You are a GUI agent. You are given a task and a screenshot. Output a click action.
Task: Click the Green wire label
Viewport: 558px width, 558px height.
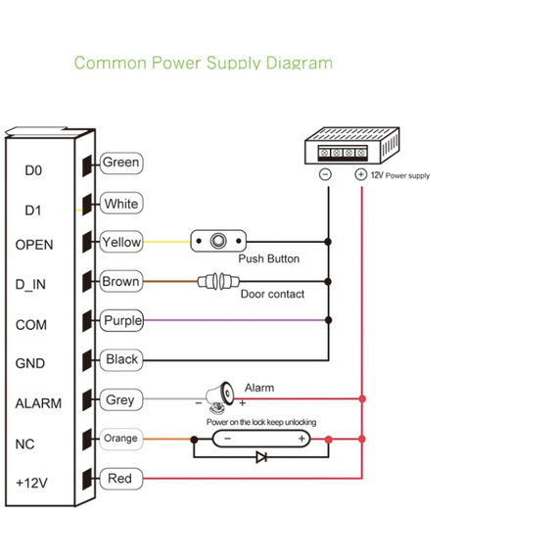click(x=121, y=163)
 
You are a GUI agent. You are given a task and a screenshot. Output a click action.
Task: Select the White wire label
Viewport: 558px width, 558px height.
click(x=121, y=204)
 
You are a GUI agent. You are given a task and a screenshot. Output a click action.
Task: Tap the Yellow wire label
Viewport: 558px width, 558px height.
click(x=121, y=242)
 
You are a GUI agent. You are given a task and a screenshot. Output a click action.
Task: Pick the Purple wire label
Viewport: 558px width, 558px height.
click(x=121, y=321)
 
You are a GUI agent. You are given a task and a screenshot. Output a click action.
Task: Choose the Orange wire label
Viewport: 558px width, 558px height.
click(x=121, y=439)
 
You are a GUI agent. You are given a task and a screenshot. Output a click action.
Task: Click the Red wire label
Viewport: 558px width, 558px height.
click(x=121, y=479)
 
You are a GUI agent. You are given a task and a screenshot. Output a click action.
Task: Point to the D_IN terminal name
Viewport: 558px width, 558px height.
click(x=30, y=285)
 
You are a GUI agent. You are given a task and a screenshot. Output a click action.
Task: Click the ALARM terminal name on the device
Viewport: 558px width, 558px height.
click(x=38, y=403)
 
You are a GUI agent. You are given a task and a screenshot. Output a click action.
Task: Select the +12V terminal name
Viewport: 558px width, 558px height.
click(x=31, y=483)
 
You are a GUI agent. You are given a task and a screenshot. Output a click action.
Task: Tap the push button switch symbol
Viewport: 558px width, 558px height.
click(x=218, y=241)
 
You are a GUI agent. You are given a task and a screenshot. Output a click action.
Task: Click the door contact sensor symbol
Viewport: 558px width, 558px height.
click(x=218, y=282)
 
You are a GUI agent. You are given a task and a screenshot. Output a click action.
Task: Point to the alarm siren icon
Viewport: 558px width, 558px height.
click(x=219, y=397)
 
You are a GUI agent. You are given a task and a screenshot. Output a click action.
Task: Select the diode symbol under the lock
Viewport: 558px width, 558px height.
click(x=261, y=457)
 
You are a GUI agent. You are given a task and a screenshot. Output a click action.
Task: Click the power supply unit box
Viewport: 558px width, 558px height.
click(x=352, y=146)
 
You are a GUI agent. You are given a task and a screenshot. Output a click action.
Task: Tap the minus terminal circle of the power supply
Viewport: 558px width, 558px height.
click(x=325, y=174)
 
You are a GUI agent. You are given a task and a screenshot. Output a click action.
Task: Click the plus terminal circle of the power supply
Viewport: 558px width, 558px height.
click(x=361, y=174)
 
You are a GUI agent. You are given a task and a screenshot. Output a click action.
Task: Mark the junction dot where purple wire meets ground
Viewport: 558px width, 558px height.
click(x=329, y=320)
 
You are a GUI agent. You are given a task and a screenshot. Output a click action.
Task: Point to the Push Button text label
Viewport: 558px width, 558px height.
click(x=268, y=258)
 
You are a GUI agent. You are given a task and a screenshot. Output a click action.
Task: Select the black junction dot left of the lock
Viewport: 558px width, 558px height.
click(x=194, y=440)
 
